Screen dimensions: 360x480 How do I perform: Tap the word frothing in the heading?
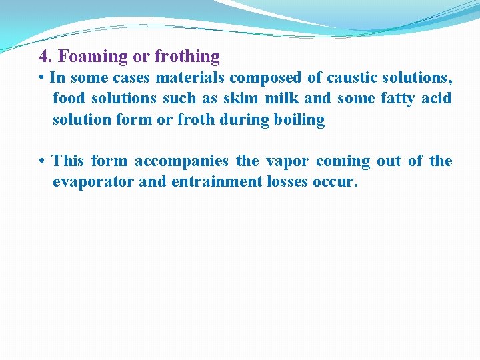187,57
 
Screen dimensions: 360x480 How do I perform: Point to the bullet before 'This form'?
42,161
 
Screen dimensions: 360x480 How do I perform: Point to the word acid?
436,99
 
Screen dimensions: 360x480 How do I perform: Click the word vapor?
287,161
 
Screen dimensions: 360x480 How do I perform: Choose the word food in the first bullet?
69,99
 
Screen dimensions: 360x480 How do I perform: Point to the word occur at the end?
335,182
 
